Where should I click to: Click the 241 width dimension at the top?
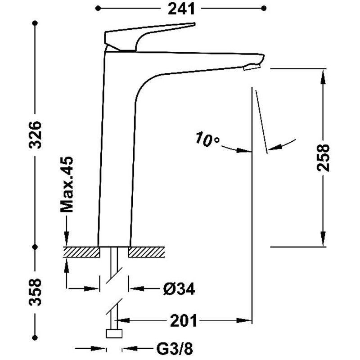point(181,9)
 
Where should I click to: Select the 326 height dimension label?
point(35,135)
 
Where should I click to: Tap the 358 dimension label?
point(35,292)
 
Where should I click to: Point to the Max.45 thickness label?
point(67,184)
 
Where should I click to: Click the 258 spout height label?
point(323,158)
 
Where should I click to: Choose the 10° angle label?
point(207,139)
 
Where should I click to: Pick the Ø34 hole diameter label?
point(179,289)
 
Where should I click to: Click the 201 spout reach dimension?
point(184,320)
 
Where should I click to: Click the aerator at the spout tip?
point(252,67)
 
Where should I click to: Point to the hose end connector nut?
point(114,333)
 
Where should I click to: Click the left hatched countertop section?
point(82,252)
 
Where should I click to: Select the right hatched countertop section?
point(147,252)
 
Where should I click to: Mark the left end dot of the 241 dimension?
point(98,9)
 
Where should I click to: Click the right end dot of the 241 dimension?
point(264,9)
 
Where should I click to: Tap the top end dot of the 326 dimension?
point(35,23)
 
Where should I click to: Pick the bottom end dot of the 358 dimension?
point(35,337)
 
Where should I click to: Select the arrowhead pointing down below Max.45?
point(67,238)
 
